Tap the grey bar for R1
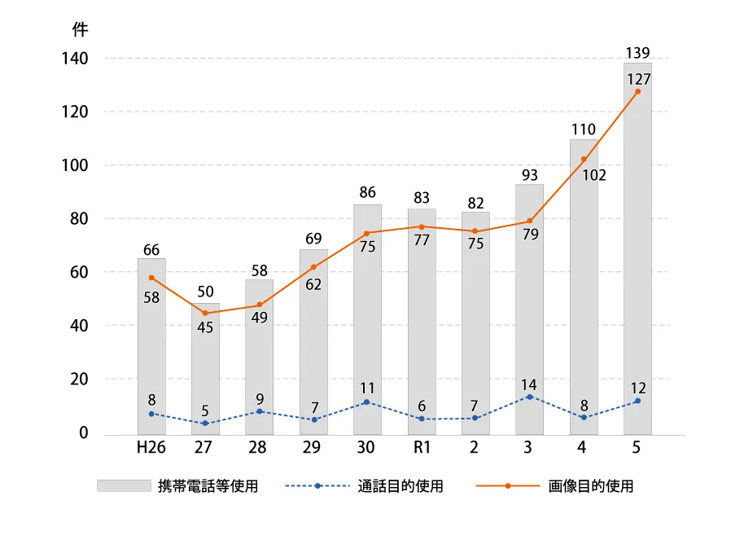pos(422,326)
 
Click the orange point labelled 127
pos(637,91)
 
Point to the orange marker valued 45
pos(205,313)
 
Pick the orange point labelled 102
pos(584,159)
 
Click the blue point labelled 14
pos(530,397)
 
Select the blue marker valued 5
pos(205,423)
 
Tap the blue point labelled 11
pos(367,402)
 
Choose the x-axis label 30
pos(367,447)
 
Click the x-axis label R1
pos(422,447)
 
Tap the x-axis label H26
pos(151,447)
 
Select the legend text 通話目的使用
pos(401,486)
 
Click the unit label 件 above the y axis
pos(80,29)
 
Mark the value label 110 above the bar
pos(584,129)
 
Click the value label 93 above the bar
pos(530,174)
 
